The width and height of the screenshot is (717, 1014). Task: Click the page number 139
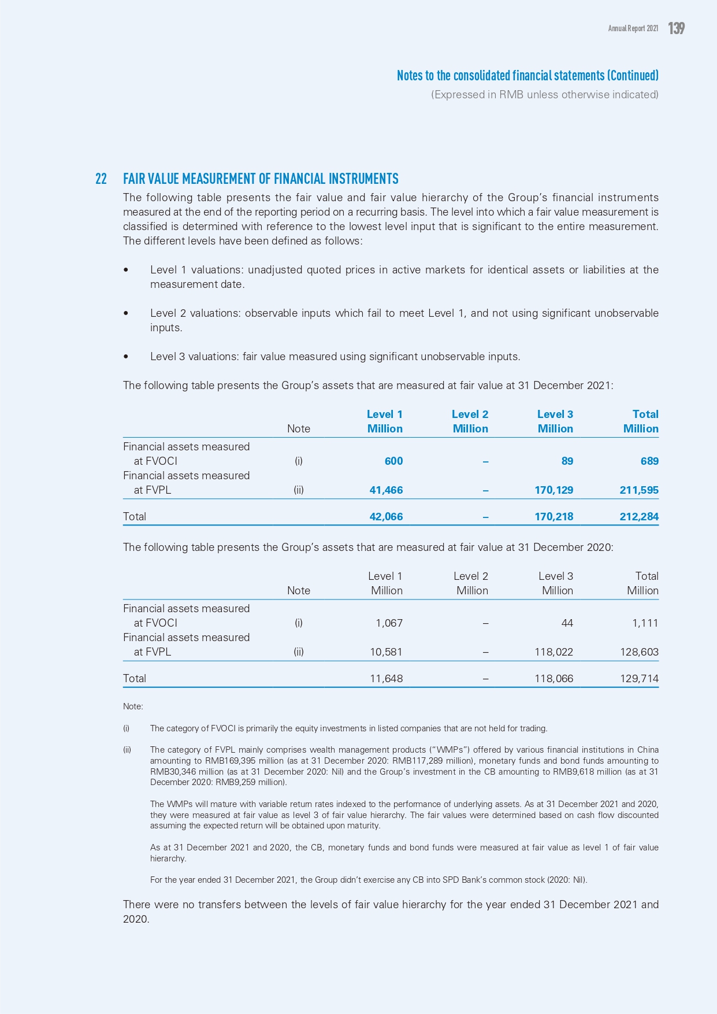coord(676,28)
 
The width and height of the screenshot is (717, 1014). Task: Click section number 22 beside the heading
coord(101,179)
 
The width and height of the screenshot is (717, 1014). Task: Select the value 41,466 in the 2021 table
coord(386,490)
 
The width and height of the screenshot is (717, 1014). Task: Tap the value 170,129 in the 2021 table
coord(553,490)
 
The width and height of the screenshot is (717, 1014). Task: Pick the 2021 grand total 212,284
coord(639,516)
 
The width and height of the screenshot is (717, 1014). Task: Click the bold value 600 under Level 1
coord(393,461)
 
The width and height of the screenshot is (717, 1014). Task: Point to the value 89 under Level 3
coord(567,461)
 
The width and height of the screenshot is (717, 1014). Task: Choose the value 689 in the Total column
coord(649,461)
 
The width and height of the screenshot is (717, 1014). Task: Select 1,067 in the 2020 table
coord(389,623)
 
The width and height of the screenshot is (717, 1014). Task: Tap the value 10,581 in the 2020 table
coord(386,652)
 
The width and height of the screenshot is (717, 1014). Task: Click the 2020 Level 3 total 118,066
coord(553,678)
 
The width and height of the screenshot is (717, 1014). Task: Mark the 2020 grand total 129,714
coord(639,678)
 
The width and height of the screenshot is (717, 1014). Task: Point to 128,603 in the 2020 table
coord(639,652)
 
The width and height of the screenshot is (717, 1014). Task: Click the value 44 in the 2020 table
coord(567,623)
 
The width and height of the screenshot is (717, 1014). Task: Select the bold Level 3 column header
coord(555,414)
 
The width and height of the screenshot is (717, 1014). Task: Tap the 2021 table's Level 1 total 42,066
coord(386,516)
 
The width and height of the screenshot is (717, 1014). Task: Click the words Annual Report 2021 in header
coord(633,28)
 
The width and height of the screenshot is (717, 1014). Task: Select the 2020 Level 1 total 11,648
coord(386,678)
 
